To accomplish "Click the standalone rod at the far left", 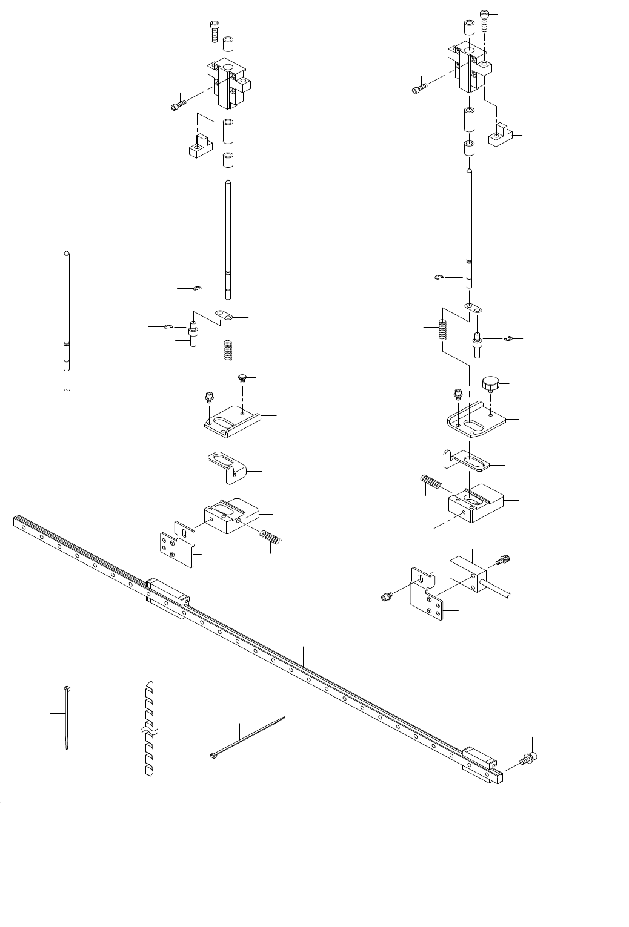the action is pos(67,309).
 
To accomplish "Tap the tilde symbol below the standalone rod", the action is pos(67,391).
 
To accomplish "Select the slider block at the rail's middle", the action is pos(167,596).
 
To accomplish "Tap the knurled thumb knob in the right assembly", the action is pos(490,382).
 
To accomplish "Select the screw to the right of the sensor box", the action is pos(504,561).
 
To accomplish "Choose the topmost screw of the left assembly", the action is pos(215,28).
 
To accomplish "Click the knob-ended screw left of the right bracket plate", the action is pos(386,598).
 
